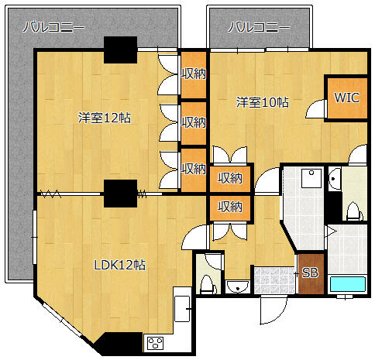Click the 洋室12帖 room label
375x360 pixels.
[105, 118]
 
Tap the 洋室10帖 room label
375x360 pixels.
[263, 102]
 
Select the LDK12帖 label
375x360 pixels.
[120, 265]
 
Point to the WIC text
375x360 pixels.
[346, 98]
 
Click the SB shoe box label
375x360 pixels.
[310, 273]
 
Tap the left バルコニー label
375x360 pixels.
[53, 27]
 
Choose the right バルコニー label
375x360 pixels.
[259, 27]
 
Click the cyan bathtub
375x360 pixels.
[348, 285]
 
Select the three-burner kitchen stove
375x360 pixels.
[155, 343]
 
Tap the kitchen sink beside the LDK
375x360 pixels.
[182, 309]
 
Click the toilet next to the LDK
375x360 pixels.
[207, 284]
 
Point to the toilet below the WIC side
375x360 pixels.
[353, 211]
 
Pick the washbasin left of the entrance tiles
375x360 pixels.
[238, 286]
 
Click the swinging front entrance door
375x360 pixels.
[273, 310]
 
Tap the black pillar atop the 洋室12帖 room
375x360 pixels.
[120, 50]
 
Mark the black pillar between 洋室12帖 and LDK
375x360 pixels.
[120, 194]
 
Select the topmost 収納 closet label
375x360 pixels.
[194, 74]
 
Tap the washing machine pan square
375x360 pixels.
[312, 178]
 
